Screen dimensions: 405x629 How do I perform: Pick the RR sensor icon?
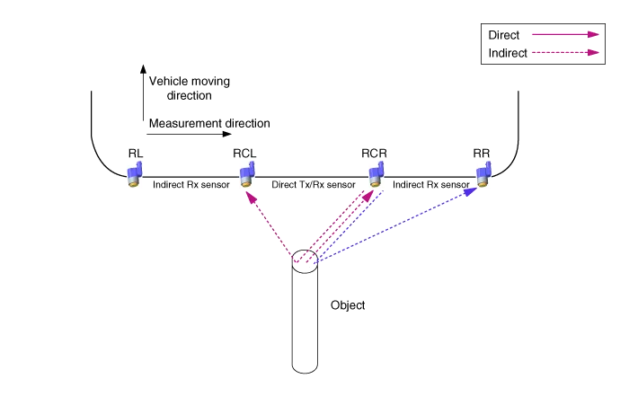click(x=483, y=173)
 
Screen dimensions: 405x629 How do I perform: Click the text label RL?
click(x=135, y=154)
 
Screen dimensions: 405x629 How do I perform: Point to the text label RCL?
click(x=244, y=154)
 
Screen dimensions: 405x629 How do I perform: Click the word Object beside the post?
click(x=348, y=305)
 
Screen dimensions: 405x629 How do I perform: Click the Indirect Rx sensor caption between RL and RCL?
click(x=190, y=184)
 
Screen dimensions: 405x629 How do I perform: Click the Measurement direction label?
click(x=210, y=123)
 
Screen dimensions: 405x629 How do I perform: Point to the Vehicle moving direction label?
click(x=189, y=88)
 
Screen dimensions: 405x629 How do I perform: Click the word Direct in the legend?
click(x=504, y=35)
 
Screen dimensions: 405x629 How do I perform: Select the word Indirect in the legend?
click(x=508, y=52)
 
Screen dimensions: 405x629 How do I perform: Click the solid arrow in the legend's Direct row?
click(x=564, y=35)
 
